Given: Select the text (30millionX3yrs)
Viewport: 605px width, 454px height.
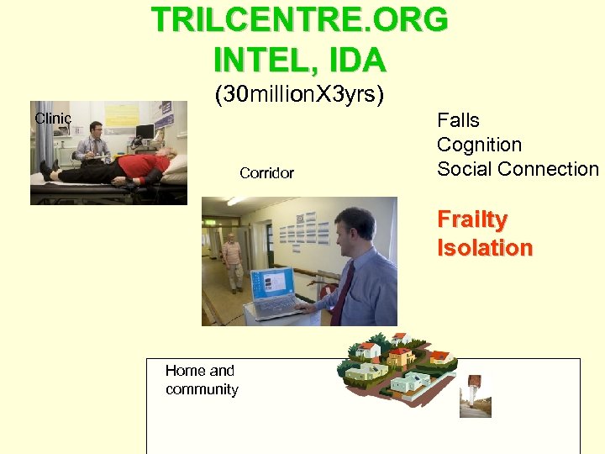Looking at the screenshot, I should pyautogui.click(x=300, y=95).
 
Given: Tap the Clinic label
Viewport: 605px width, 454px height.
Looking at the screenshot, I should pyautogui.click(x=52, y=119).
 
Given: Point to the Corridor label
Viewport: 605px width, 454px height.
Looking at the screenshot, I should pyautogui.click(x=266, y=173).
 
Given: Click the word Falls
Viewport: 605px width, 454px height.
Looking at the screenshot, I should pyautogui.click(x=458, y=120).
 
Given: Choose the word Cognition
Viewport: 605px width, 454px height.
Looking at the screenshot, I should pyautogui.click(x=479, y=145).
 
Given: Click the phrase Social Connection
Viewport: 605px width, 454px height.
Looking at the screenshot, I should pyautogui.click(x=518, y=169).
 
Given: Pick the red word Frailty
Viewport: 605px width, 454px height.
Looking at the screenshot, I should pyautogui.click(x=472, y=220).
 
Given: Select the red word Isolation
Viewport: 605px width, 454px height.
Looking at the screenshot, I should pyautogui.click(x=485, y=248).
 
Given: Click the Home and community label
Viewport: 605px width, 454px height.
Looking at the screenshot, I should pyautogui.click(x=202, y=380).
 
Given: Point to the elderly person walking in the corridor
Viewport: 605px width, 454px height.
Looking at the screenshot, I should pyautogui.click(x=232, y=261).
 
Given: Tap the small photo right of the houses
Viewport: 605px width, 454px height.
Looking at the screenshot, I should pyautogui.click(x=475, y=396).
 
